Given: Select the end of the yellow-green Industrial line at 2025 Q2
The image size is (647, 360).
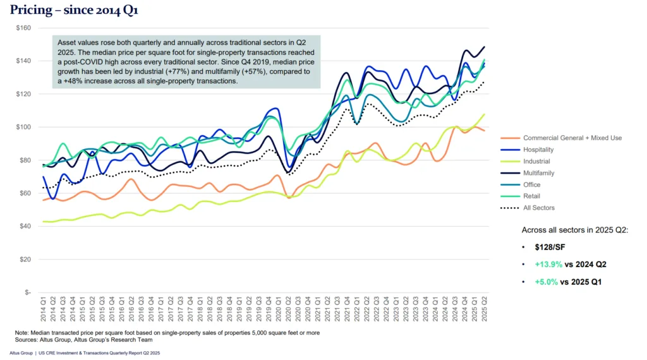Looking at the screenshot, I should coord(484,114).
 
